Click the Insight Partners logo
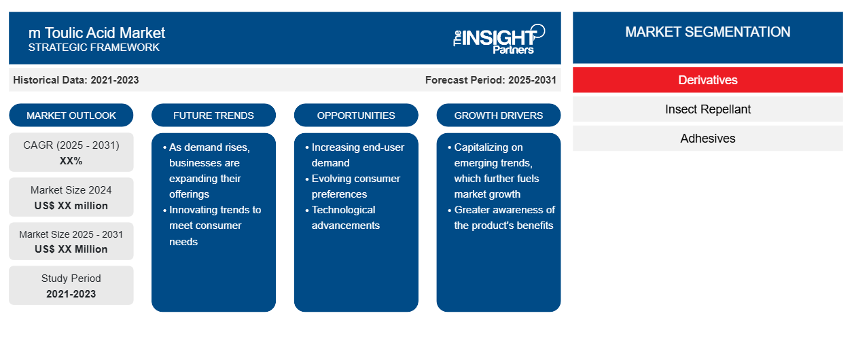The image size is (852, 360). [x=499, y=39]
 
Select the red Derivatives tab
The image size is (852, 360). [x=707, y=80]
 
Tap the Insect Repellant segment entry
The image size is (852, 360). [x=707, y=109]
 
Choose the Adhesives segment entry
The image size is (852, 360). [x=707, y=139]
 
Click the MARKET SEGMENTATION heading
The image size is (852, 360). [x=707, y=32]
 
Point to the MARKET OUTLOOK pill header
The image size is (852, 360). [x=71, y=115]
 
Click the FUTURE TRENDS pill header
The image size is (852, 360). [x=213, y=115]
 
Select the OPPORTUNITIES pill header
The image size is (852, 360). [x=356, y=115]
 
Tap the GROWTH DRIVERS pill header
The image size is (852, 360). [x=498, y=115]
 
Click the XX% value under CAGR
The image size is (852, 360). [x=71, y=161]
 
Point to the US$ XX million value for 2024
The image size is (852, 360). [x=71, y=206]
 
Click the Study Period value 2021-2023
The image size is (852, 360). [x=71, y=294]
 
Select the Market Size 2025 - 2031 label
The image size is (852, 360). [x=71, y=234]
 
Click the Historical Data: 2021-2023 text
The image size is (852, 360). [x=76, y=80]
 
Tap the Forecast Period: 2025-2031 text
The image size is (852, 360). [x=491, y=80]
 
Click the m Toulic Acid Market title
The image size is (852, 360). [x=96, y=33]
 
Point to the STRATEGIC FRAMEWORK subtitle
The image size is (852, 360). [x=94, y=48]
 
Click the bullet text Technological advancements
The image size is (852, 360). [x=345, y=217]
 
